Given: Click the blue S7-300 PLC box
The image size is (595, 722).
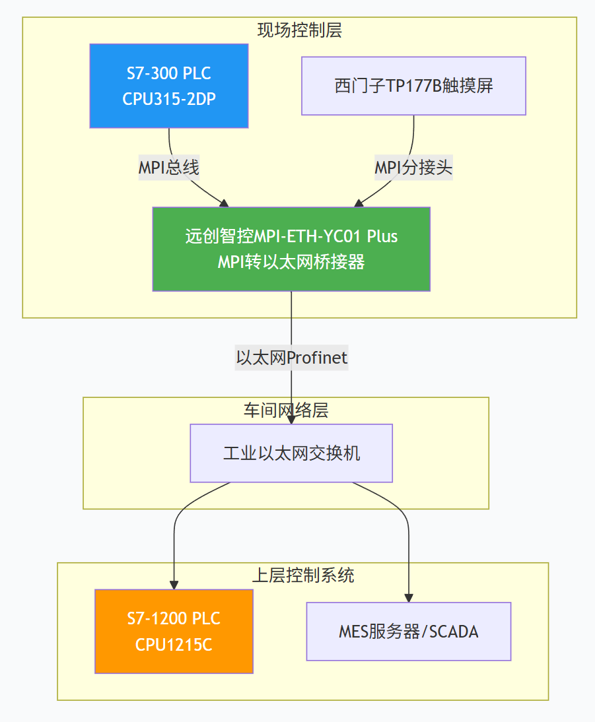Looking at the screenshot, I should point(169,86).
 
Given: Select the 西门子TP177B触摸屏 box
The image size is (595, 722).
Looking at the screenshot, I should point(413,86).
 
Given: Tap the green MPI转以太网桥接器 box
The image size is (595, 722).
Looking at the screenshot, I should point(291,249).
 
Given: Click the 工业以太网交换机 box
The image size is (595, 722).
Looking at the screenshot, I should point(291,453).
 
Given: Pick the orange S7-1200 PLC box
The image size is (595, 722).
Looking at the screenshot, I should point(174,631).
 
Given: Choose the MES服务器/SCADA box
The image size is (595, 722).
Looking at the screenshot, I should point(408,631).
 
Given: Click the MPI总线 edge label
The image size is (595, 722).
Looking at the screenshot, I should point(168,168).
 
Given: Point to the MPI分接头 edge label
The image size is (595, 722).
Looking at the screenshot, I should point(413,168).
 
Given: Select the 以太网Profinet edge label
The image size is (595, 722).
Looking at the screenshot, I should point(291,358).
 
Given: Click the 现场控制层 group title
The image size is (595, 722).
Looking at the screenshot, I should point(299,30).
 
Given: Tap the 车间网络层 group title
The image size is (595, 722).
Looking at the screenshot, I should point(286,410).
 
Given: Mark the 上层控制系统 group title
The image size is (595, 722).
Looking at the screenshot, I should point(303,575).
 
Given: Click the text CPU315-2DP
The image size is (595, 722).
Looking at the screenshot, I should point(169,99).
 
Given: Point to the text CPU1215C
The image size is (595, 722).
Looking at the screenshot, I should point(174,645).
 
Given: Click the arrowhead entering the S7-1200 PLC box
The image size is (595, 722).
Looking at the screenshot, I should point(174,585).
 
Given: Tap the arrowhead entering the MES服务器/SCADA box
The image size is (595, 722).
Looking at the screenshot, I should point(409,598).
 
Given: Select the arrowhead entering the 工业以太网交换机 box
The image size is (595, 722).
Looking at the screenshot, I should point(291,420).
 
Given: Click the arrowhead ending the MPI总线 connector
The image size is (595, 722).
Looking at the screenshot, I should point(225,203).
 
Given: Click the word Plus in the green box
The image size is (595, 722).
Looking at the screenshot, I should point(382,236).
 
